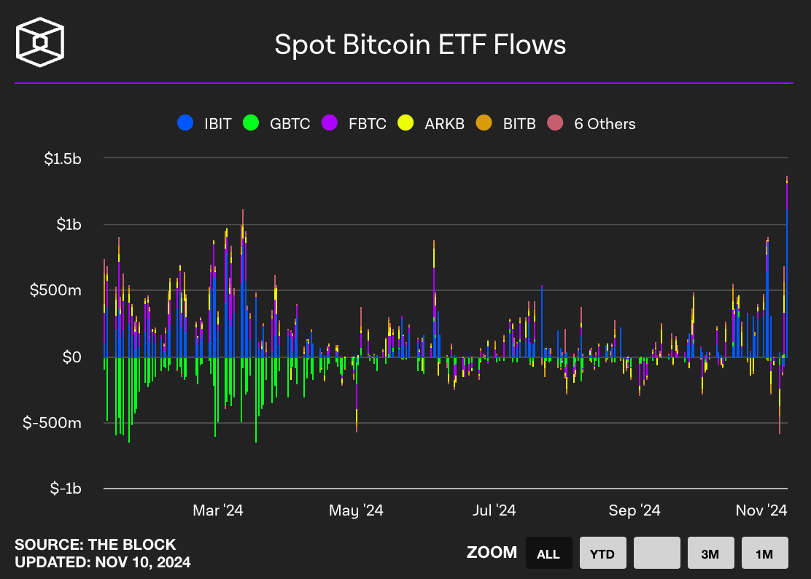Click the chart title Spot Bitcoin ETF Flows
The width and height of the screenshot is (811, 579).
[420, 45]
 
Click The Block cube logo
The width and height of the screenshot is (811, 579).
[40, 42]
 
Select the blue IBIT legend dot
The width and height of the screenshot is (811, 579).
[185, 123]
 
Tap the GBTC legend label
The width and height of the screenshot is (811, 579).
[290, 123]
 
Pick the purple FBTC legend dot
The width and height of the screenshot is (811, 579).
[330, 123]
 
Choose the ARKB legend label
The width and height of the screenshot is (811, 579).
[444, 123]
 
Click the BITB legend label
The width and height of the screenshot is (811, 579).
[519, 123]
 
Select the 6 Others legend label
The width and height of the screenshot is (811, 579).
[605, 123]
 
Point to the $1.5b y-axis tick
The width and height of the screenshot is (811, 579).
[63, 159]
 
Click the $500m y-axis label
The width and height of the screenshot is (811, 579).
[55, 290]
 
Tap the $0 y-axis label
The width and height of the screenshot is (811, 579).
[72, 357]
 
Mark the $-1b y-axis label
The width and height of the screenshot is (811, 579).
[66, 488]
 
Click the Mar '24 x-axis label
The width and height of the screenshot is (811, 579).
[218, 510]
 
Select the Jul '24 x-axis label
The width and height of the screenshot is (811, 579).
[494, 510]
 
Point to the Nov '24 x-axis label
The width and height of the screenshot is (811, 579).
[761, 510]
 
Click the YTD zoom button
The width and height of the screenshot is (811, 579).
[602, 553]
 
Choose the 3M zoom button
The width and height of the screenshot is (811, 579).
[710, 553]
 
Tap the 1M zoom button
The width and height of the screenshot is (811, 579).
[764, 553]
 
